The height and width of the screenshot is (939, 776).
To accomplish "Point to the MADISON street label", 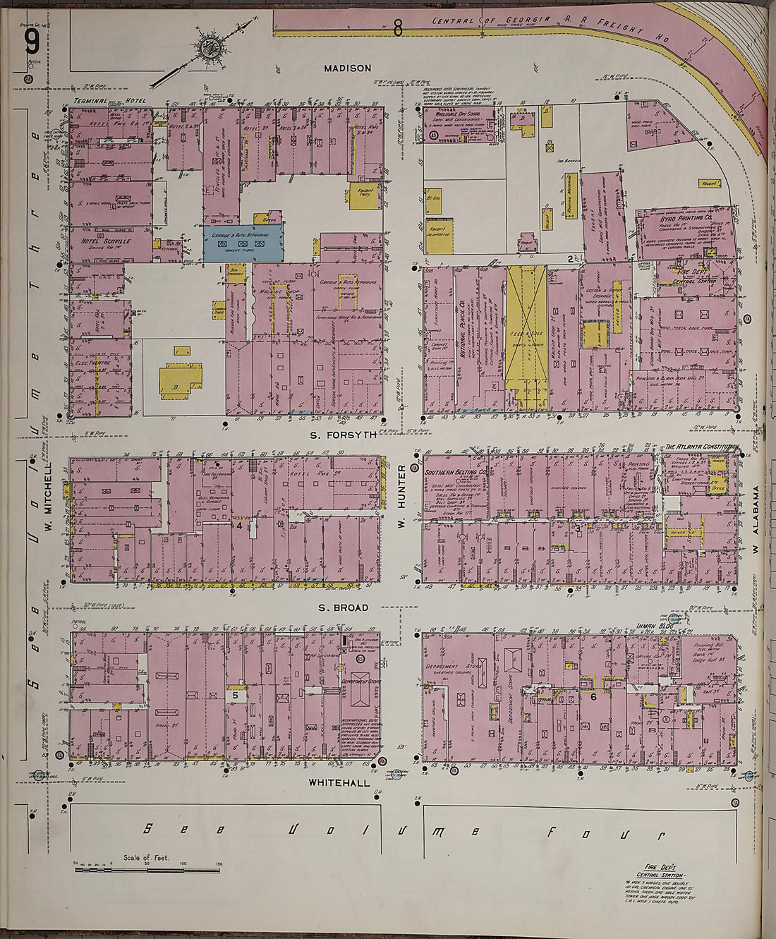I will tap(347, 68).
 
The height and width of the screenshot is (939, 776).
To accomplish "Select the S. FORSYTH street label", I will tap(344, 435).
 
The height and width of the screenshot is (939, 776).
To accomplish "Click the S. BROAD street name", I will tap(343, 607).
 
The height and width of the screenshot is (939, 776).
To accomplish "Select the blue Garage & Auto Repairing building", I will tap(243, 243).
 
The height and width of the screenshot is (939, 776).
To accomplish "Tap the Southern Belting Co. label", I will tap(456, 472).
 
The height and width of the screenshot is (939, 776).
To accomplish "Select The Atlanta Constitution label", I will tap(701, 447).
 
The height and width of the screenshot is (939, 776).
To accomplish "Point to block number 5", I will tap(234, 695).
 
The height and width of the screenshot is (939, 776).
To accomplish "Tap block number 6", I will tap(593, 697).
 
